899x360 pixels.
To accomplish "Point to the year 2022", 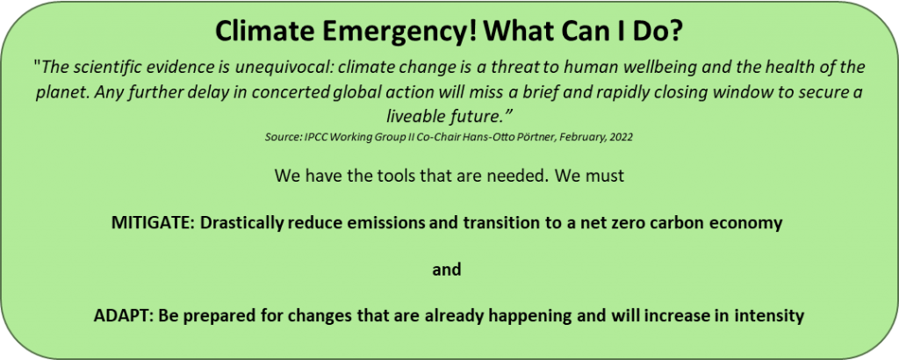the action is pos(622,138).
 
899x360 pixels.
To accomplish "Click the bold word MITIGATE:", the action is pos(152,223).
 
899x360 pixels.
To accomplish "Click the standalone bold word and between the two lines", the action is pos(447,270).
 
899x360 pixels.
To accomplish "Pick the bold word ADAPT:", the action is pos(121,315).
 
